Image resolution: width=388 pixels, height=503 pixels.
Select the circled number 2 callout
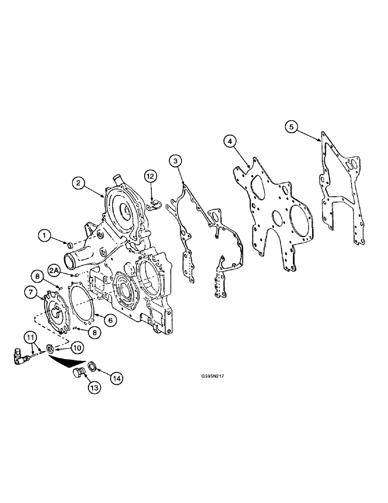coord(77,184)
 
